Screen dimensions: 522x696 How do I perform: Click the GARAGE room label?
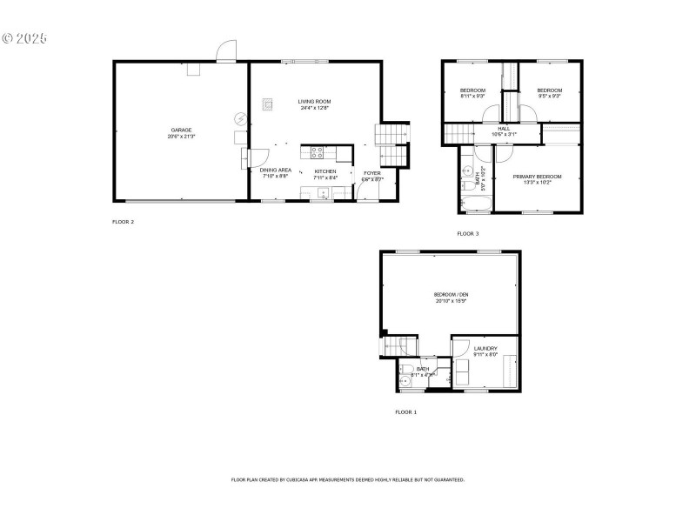182,130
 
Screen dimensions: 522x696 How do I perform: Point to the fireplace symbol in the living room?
268,104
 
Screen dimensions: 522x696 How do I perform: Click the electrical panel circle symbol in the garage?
240,119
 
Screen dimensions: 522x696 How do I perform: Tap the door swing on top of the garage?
226,50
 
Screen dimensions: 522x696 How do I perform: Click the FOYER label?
372,172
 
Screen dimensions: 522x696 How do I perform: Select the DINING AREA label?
276,170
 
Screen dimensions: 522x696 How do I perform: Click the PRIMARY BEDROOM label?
537,176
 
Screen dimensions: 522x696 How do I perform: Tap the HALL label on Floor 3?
504,128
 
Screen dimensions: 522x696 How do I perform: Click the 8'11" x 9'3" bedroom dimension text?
473,96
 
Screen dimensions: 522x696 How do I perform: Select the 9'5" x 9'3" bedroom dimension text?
549,96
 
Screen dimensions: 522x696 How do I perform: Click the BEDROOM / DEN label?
451,295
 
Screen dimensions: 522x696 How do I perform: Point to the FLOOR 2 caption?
123,222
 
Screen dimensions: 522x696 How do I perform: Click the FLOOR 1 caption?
405,412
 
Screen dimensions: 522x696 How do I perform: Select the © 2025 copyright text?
25,39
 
